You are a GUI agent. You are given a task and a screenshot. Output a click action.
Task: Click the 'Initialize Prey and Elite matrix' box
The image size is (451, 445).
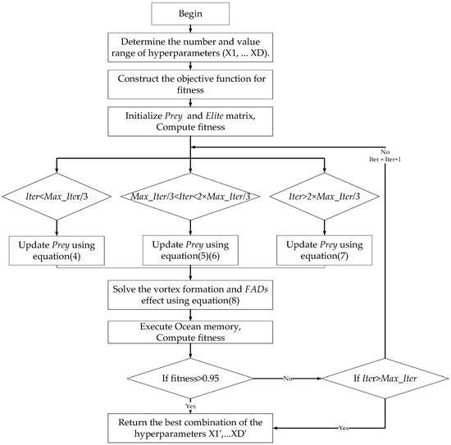[x=189, y=120]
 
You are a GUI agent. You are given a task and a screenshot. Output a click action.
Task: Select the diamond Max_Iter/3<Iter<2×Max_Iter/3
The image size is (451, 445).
[x=189, y=197]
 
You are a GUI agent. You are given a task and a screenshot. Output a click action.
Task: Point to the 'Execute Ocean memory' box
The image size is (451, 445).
[x=189, y=332]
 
